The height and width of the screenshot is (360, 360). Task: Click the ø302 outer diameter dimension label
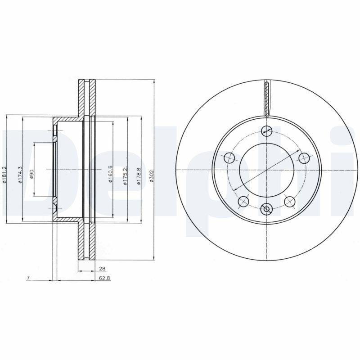pos(151,176)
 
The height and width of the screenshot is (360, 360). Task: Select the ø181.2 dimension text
pos(4,175)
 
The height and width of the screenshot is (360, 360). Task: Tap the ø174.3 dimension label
pos(20,175)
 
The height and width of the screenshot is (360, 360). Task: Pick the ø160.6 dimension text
pos(110,174)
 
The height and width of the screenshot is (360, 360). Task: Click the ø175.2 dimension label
pos(125,175)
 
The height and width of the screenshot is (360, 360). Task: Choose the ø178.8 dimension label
pos(139,176)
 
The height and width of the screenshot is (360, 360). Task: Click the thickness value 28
pos(102,268)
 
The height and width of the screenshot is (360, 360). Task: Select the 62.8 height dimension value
pos(105,278)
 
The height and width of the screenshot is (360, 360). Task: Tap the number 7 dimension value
pos(28,278)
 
